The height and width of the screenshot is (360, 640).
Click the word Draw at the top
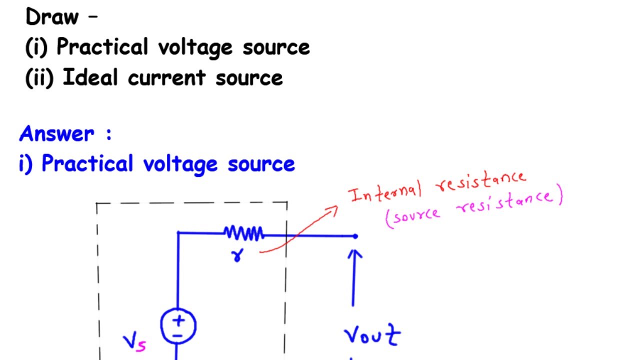[x=52, y=17]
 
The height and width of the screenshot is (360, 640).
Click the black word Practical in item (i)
[x=102, y=47]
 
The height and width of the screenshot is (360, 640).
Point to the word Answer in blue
[x=56, y=134]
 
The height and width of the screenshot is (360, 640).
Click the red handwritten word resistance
[x=481, y=181]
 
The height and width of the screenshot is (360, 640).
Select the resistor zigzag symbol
[x=243, y=233]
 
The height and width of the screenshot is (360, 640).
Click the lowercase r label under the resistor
[x=236, y=255]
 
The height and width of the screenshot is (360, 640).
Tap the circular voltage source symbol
[x=178, y=325]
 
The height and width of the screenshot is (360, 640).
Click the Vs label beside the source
[x=134, y=343]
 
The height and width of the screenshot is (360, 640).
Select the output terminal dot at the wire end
[x=355, y=236]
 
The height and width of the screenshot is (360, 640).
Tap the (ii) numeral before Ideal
[x=39, y=78]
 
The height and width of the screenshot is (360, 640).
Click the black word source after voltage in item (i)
[x=276, y=47]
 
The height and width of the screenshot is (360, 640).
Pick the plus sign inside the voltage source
[x=178, y=320]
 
